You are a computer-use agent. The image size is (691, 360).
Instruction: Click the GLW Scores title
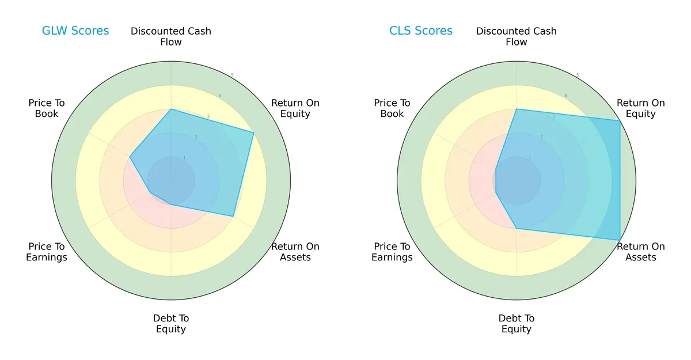(x=75, y=31)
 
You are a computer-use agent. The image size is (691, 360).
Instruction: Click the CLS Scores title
(x=421, y=31)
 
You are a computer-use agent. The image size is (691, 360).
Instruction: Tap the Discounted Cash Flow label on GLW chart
(x=171, y=36)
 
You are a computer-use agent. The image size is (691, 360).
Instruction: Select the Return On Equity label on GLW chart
(x=295, y=108)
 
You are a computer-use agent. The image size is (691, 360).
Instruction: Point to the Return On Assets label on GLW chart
(x=295, y=252)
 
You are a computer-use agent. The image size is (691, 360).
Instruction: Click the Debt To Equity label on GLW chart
(x=171, y=324)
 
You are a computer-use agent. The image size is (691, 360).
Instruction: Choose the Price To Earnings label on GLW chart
(x=47, y=252)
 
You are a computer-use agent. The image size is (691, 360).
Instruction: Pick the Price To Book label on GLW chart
(x=47, y=108)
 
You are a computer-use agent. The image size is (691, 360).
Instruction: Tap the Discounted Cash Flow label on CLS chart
(x=517, y=36)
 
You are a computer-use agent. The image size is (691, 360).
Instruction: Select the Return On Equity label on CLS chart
(x=641, y=108)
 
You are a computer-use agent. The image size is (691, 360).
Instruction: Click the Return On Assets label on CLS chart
(x=641, y=252)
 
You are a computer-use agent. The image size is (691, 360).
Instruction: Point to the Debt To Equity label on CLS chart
(x=517, y=324)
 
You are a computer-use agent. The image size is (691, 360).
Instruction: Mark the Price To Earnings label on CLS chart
(x=392, y=252)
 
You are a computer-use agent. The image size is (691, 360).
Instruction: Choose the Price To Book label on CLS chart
(x=392, y=108)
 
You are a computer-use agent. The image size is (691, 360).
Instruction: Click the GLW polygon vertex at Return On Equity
(x=254, y=132)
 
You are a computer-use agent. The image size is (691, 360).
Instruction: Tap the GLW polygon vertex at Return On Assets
(x=233, y=217)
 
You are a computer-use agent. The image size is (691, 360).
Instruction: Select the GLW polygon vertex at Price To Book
(x=130, y=157)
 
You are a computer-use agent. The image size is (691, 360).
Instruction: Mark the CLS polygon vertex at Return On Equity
(x=620, y=120)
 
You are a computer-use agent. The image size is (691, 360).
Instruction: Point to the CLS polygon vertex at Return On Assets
(x=620, y=240)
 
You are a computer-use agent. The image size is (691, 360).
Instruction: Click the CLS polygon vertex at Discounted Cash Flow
(x=517, y=109)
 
